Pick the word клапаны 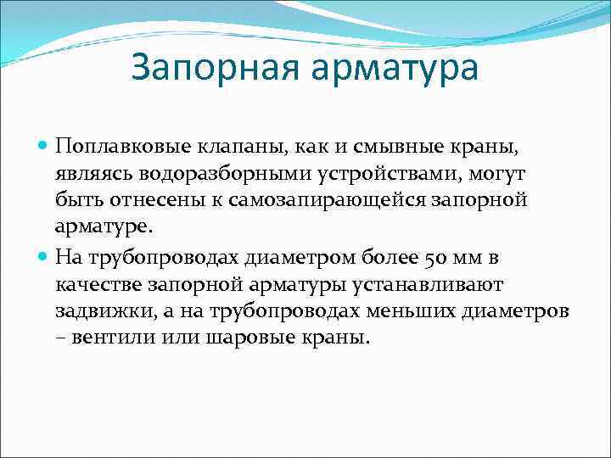click(x=224, y=148)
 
